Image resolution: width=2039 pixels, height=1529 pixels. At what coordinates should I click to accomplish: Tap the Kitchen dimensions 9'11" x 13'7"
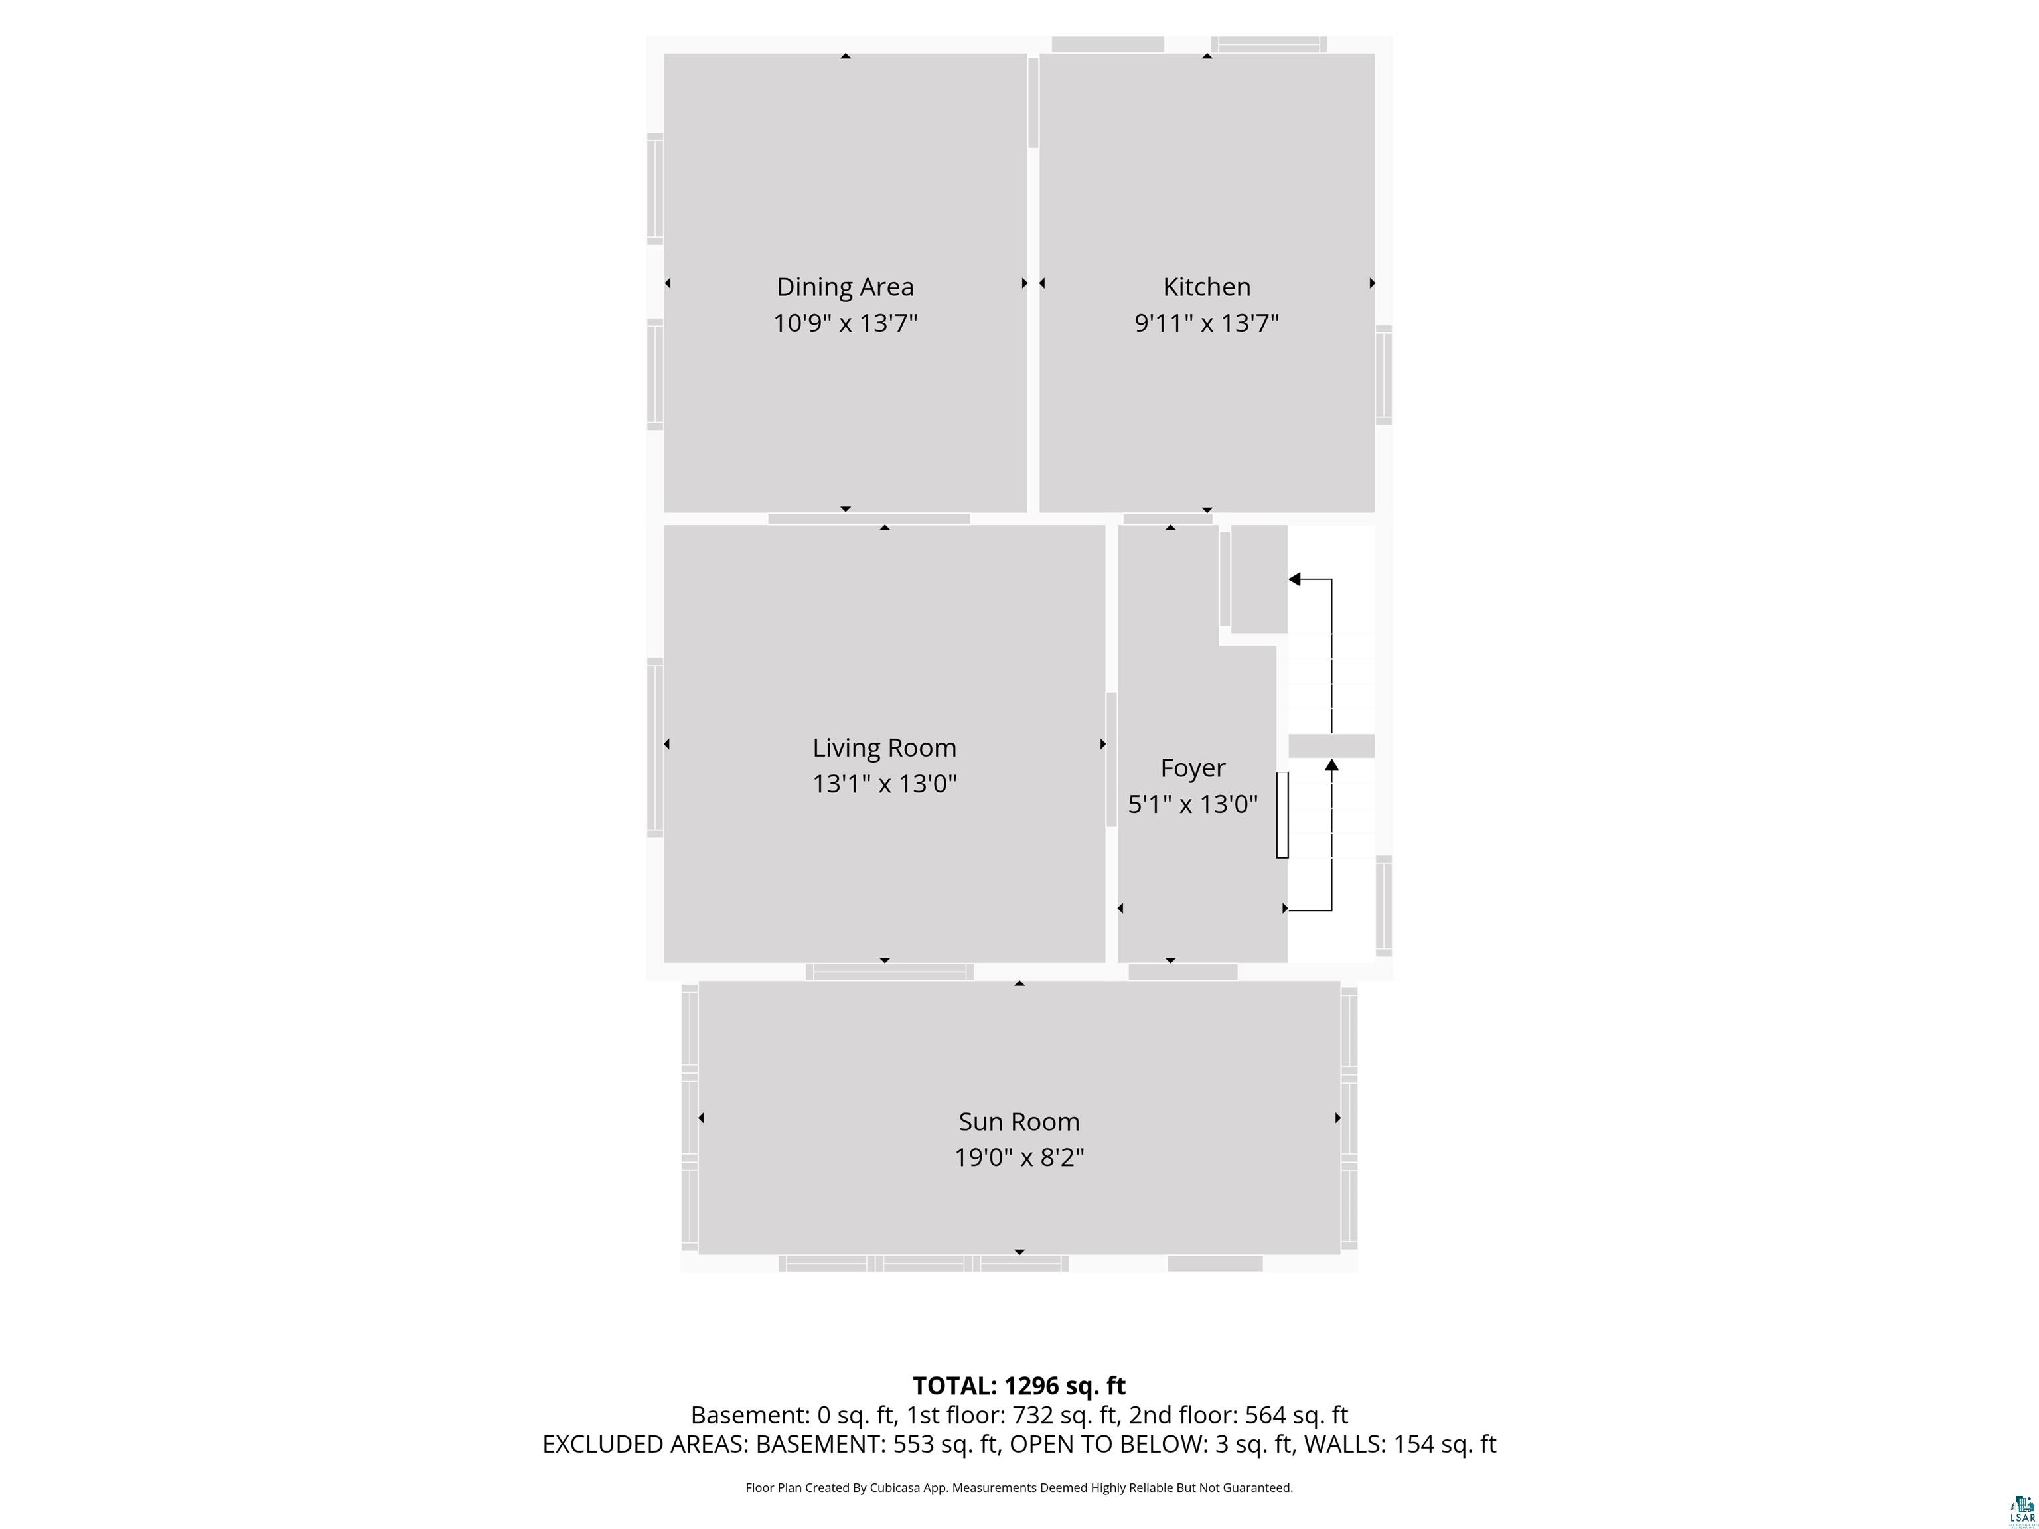1207,323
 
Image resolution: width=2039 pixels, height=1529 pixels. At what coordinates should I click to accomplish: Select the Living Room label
884,747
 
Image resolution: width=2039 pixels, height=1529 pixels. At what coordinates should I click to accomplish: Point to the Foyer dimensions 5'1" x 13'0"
1193,804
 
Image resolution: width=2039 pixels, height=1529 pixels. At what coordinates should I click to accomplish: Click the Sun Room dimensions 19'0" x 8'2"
1019,1157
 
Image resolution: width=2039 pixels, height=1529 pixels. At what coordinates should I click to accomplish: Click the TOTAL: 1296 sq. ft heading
1019,1385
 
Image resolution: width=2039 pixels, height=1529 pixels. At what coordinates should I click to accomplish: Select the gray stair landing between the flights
1331,746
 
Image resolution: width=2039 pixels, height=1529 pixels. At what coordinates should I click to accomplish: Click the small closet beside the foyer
1259,579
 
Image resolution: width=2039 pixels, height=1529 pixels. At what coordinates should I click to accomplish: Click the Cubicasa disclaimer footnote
1019,1487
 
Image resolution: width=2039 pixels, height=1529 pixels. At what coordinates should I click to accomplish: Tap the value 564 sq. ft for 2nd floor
1296,1415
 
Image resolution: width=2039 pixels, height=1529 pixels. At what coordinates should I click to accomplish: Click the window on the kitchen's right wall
1384,375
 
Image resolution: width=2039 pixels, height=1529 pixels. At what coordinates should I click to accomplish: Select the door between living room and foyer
1110,759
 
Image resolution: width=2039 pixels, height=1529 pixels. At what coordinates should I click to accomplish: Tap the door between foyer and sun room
1183,972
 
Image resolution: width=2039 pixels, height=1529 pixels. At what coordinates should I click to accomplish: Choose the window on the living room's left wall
654,747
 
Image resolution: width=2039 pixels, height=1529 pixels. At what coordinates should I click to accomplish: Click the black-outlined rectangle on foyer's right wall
1281,815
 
